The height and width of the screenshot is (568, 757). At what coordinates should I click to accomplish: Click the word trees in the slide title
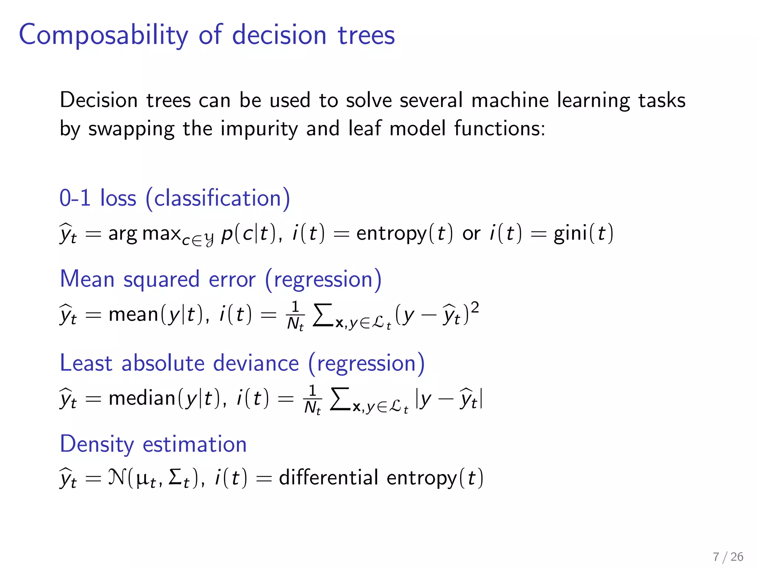(366, 35)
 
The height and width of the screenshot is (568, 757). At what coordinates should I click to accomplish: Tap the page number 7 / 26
(728, 557)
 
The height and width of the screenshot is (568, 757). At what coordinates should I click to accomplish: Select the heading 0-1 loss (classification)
(174, 198)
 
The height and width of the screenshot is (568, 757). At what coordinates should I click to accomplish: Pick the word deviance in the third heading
(256, 363)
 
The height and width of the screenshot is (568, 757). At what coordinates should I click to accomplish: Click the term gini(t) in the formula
(583, 234)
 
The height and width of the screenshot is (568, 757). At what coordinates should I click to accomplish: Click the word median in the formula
(142, 398)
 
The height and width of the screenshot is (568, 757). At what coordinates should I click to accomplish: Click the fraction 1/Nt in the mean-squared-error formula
(295, 315)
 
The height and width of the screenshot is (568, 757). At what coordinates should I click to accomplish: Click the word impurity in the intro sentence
(259, 129)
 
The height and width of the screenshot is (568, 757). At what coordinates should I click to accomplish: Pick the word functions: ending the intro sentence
(499, 128)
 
